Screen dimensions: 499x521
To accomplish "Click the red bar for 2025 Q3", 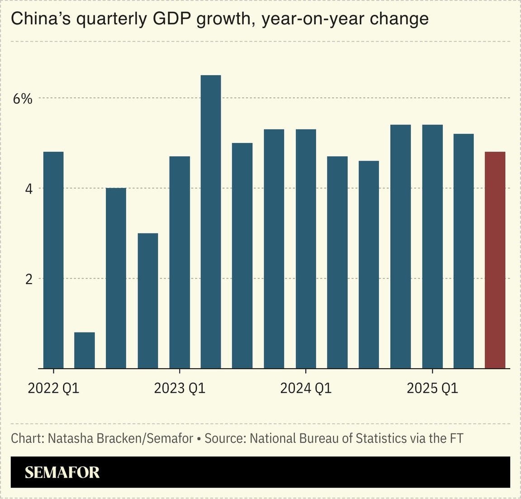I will click(495, 260).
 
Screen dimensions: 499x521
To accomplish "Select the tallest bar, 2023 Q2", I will click(211, 222).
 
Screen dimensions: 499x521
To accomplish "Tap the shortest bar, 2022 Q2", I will click(85, 350).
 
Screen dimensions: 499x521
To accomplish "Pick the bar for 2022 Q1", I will click(53, 260).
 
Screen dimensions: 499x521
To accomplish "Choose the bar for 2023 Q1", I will click(180, 262).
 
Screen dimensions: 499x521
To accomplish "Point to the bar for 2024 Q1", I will click(306, 249).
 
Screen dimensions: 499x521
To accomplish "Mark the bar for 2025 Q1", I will click(432, 247).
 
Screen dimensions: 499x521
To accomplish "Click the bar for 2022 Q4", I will click(148, 301).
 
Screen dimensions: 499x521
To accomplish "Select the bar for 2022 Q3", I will click(116, 278).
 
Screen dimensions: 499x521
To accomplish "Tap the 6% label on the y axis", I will click(23, 99).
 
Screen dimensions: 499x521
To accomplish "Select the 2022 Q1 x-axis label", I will click(53, 388).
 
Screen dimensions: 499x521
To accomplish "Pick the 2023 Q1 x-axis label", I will click(180, 388).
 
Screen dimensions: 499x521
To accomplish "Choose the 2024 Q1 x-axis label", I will click(306, 388).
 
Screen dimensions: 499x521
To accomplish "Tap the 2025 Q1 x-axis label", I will click(432, 388).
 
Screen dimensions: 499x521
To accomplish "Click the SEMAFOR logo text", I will click(62, 472).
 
